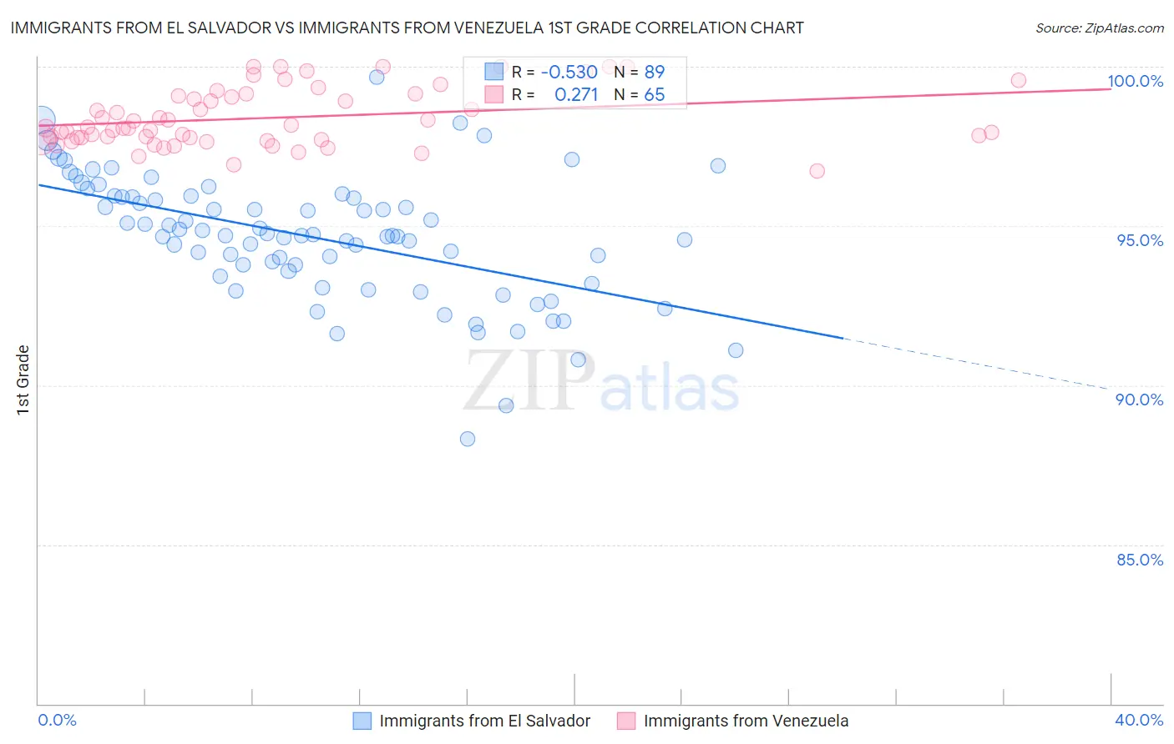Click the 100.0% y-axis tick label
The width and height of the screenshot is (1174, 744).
[1135, 81]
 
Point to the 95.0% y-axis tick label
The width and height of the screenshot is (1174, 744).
[1140, 240]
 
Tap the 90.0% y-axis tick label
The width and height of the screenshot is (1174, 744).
[1140, 400]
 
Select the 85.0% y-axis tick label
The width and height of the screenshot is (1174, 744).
[1140, 560]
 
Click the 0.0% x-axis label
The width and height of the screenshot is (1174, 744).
[57, 720]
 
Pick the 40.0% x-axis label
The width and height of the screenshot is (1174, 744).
[1139, 720]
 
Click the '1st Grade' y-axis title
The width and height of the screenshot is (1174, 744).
[23, 380]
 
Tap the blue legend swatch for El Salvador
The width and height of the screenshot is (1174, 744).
[362, 721]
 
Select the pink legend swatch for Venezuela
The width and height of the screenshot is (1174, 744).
[625, 721]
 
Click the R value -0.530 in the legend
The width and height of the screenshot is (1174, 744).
[569, 72]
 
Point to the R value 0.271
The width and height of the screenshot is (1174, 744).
[576, 95]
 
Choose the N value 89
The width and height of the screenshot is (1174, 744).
[654, 72]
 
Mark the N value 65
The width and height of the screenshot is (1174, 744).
[654, 95]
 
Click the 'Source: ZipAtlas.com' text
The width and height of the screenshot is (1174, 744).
[1099, 28]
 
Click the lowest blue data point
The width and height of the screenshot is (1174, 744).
[468, 439]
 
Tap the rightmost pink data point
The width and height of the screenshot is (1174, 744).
[1018, 80]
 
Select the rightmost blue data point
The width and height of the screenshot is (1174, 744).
[736, 350]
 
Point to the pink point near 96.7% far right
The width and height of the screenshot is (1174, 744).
[817, 171]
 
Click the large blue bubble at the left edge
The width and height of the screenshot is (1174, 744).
[41, 121]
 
